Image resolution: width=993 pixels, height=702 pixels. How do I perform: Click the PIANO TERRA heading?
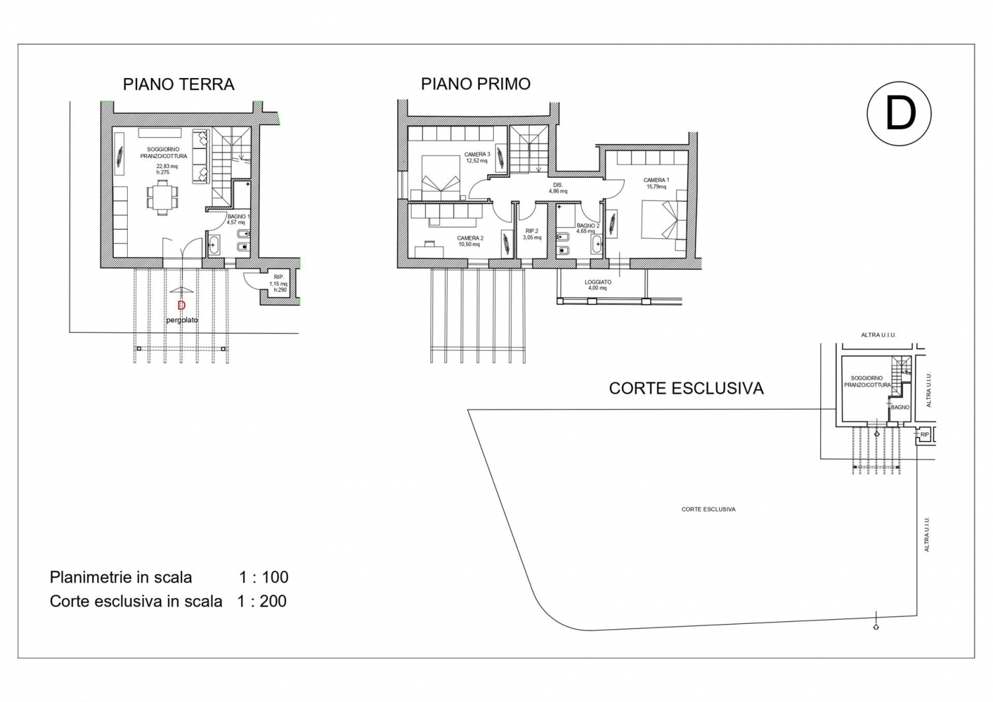click(x=179, y=84)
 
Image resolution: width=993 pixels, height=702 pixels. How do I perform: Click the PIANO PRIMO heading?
click(x=476, y=84)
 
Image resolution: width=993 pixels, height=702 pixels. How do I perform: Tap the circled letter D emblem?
click(x=899, y=113)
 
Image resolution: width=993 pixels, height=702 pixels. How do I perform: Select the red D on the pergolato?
click(x=181, y=306)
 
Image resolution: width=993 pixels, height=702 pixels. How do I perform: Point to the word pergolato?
click(x=182, y=320)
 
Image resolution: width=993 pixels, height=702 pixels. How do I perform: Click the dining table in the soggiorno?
click(x=163, y=198)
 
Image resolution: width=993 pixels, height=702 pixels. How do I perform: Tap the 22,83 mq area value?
click(x=167, y=166)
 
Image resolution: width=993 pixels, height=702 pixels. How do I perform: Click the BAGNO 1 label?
click(x=238, y=217)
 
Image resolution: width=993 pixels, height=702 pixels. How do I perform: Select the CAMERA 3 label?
click(x=477, y=155)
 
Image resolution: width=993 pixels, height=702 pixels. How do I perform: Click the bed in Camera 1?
click(x=664, y=220)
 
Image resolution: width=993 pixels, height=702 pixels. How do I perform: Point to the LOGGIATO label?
click(x=598, y=282)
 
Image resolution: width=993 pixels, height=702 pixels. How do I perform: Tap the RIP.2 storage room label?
click(x=532, y=232)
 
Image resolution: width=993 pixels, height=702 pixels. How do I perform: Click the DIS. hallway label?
click(x=557, y=185)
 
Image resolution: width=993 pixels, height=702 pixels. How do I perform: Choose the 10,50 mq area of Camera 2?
click(x=469, y=244)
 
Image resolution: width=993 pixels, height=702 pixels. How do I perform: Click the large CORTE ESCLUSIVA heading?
click(x=686, y=388)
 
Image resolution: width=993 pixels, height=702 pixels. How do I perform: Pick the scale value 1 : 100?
click(x=263, y=577)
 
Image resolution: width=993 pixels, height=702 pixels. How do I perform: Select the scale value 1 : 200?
click(x=262, y=601)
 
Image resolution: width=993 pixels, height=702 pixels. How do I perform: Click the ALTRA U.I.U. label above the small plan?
click(x=878, y=335)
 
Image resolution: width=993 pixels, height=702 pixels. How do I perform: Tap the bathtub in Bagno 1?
click(x=213, y=245)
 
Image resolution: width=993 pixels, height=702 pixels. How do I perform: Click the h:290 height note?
click(x=280, y=290)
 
